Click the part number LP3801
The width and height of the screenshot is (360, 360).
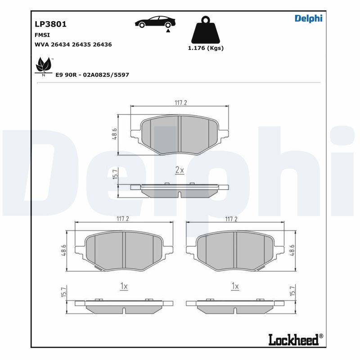[x=51, y=24]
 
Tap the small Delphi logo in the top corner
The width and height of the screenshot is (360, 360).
[x=308, y=18]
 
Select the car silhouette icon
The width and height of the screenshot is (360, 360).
[x=156, y=22]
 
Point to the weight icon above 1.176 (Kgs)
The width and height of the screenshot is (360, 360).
[x=205, y=30]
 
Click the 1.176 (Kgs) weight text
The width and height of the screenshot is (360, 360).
[x=205, y=48]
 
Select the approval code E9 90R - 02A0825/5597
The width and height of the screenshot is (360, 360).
[x=92, y=75]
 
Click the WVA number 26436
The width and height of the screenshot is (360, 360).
[x=102, y=45]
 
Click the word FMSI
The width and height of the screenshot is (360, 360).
[x=42, y=35]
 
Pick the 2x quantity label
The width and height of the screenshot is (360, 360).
[x=180, y=170]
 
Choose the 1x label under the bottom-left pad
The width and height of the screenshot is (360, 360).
[x=124, y=286]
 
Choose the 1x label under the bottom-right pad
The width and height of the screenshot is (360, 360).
[x=235, y=286]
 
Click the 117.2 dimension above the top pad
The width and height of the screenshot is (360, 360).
[x=180, y=103]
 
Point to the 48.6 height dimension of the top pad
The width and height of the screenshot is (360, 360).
[x=115, y=134]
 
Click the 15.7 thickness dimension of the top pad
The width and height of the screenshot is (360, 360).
[x=115, y=174]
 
